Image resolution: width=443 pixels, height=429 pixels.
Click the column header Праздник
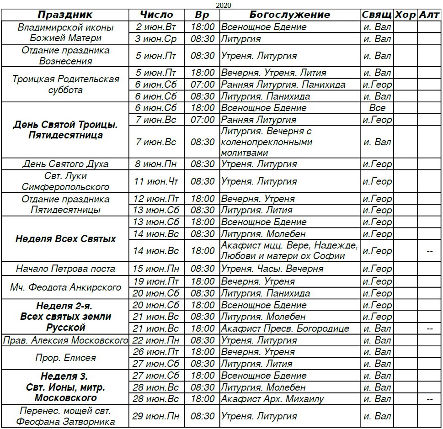coord(65,15)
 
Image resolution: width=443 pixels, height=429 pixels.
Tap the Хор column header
coord(405,15)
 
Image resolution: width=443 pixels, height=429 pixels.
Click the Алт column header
coord(429,15)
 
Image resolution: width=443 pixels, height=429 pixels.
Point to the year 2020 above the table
coord(223,5)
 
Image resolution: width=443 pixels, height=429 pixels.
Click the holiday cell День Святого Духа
coord(65,164)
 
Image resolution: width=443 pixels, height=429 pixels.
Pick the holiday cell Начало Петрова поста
coord(65,269)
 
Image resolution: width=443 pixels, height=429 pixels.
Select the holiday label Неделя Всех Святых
coord(65,239)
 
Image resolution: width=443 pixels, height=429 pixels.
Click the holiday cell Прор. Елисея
coord(65,358)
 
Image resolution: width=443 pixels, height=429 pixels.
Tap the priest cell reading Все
coord(377,108)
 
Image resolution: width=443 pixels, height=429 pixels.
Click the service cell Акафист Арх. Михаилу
coord(272,399)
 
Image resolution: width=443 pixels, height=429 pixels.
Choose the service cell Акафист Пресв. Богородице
coord(285,328)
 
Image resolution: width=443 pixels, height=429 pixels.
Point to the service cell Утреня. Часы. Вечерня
coord(272,269)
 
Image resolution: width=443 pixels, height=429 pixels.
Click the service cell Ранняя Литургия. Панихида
coord(283,85)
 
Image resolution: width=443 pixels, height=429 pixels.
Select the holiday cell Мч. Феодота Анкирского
coord(65,287)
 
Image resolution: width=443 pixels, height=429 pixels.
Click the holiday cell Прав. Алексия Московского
coord(65,340)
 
